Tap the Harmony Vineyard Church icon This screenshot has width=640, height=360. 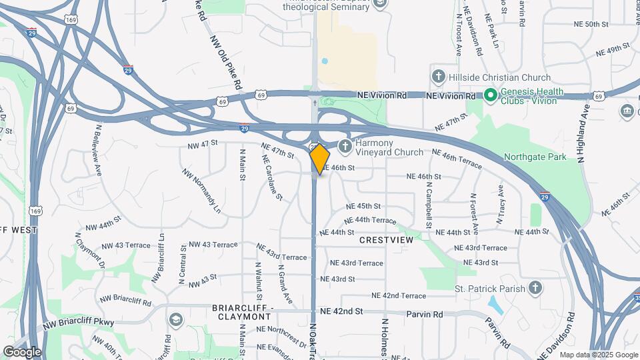pyautogui.click(x=345, y=146)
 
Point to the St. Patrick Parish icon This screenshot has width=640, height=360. pyautogui.click(x=534, y=288)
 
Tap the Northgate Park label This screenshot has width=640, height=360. pyautogui.click(x=537, y=157)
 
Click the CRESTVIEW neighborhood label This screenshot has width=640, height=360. pyautogui.click(x=387, y=239)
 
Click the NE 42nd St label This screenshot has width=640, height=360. pyautogui.click(x=341, y=311)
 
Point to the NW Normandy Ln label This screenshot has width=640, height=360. pyautogui.click(x=201, y=191)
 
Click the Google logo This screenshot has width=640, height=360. pyautogui.click(x=21, y=351)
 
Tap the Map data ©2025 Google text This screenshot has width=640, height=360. pyautogui.click(x=598, y=355)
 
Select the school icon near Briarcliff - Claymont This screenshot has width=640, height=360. pyautogui.click(x=175, y=321)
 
